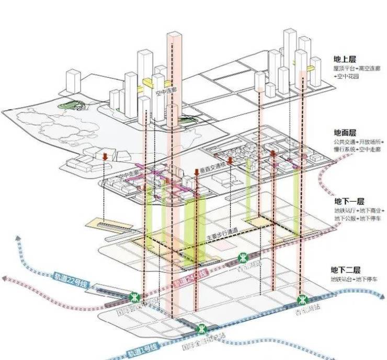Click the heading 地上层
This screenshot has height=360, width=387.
click(347, 59)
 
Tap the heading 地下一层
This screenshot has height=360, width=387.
click(348, 202)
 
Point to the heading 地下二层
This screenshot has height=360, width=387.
click(346, 270)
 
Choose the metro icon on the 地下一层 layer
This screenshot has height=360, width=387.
click(244, 258)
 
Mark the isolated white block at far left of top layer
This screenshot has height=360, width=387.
click(73, 83)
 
